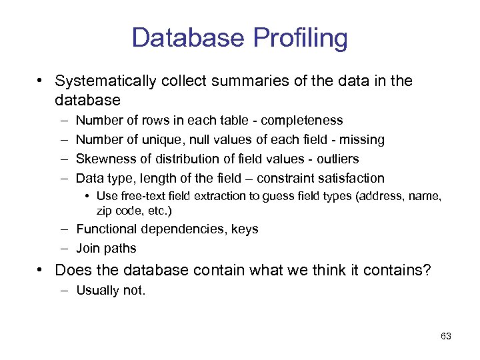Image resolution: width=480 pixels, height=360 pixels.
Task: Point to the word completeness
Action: click(x=302, y=121)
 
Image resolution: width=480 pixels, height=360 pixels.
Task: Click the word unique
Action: click(x=164, y=140)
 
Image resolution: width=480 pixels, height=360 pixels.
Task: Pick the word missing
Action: click(x=361, y=140)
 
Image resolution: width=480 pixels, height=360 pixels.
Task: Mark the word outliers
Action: click(x=337, y=159)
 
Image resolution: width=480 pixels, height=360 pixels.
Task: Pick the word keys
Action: click(x=243, y=230)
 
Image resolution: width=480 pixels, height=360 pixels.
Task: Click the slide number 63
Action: click(x=446, y=337)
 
